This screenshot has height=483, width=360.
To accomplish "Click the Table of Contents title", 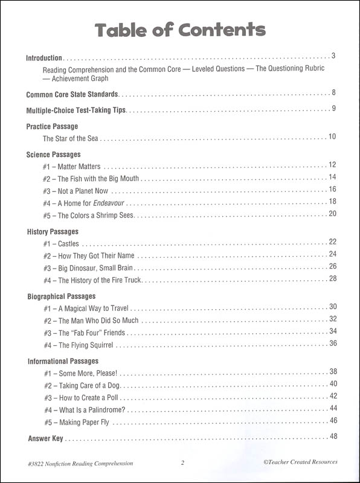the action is click(180, 30).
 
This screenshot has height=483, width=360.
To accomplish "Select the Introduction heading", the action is click(44, 59).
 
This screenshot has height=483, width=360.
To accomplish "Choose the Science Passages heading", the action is click(55, 155).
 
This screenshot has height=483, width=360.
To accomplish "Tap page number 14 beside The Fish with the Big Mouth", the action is click(332, 177).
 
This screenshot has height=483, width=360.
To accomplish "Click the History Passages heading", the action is click(53, 231).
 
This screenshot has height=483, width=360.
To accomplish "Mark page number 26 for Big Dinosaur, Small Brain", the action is click(332, 266).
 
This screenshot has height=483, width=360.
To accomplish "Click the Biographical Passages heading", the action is click(62, 296).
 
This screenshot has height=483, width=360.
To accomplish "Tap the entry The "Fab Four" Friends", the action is click(84, 333).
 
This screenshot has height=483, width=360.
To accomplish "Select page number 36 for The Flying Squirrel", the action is click(332, 344).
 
